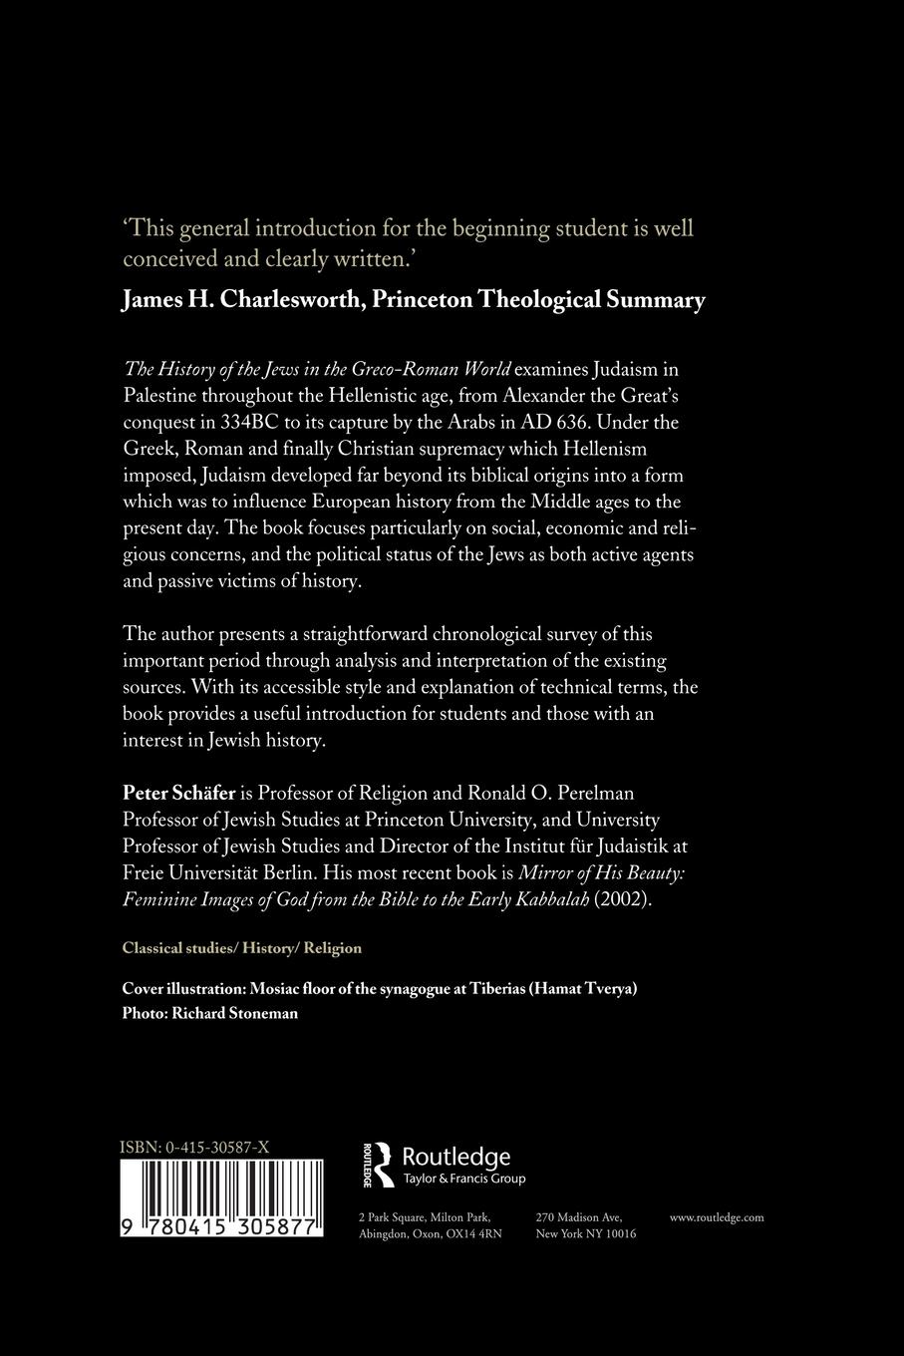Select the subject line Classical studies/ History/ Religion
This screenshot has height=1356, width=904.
point(241,947)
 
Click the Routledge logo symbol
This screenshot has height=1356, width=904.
point(378,1165)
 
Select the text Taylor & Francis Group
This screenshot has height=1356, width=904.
point(463,1179)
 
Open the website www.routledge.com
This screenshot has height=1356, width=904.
point(717,1216)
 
